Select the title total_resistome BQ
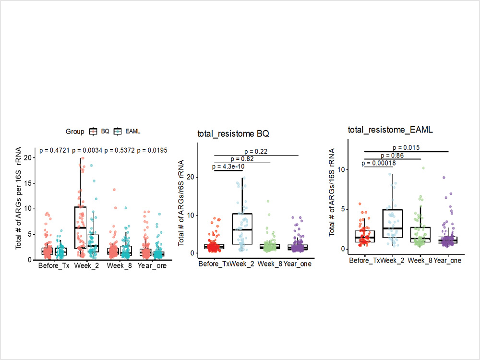229,134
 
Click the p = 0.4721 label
55,151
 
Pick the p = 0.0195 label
152,151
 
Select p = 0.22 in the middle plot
256,151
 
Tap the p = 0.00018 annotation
379,163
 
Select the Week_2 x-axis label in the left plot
86,265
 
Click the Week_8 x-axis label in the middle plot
270,264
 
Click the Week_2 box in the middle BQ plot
242,229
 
